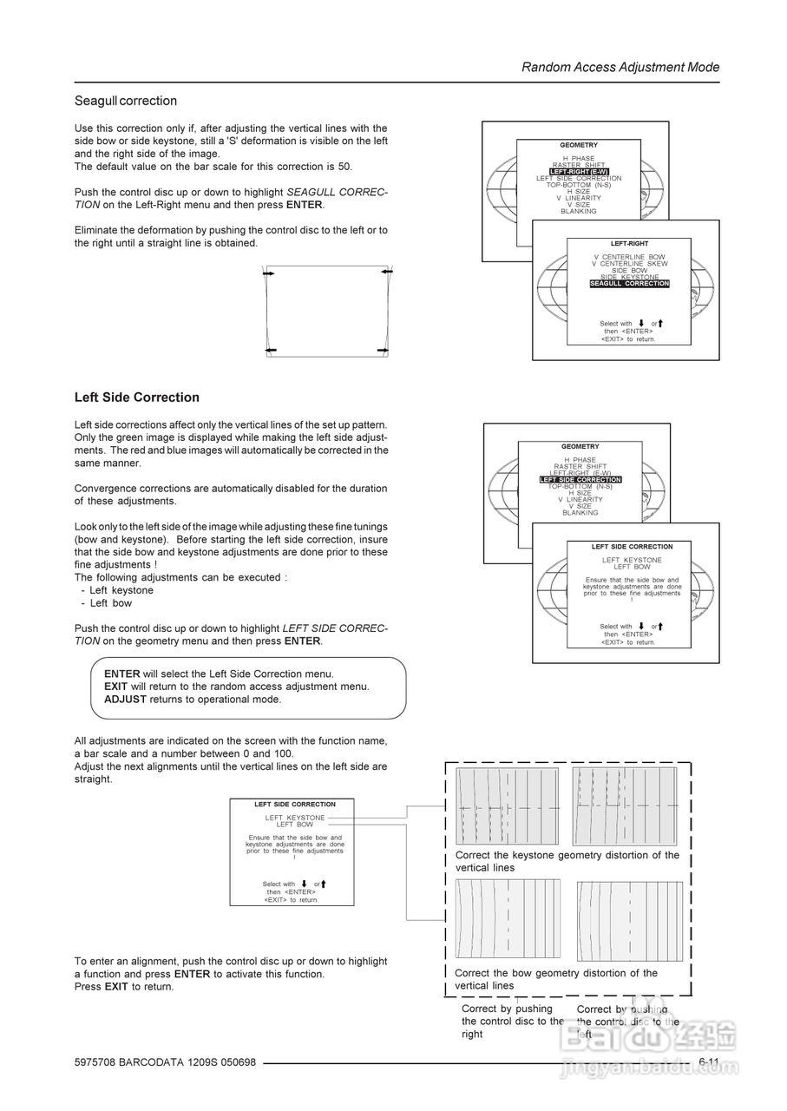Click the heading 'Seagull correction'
(x=126, y=101)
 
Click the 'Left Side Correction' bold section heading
(x=137, y=398)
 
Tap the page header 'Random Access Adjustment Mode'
(x=620, y=67)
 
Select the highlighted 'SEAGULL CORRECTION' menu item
(x=629, y=284)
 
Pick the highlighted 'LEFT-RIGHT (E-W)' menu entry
(x=579, y=172)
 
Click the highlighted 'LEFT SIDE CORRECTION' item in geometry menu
(x=580, y=480)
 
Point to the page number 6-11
(x=709, y=1062)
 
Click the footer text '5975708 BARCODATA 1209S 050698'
(x=165, y=1063)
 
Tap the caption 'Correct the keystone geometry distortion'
(x=567, y=861)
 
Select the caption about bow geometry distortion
(x=556, y=979)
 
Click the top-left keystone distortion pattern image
(x=508, y=805)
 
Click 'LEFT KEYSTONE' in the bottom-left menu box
(x=295, y=818)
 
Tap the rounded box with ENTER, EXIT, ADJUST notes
(x=248, y=687)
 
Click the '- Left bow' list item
(x=111, y=603)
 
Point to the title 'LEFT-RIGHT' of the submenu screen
(x=629, y=244)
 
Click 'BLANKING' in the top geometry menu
(x=579, y=211)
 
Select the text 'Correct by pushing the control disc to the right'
(x=512, y=1022)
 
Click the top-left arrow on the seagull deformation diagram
(x=269, y=273)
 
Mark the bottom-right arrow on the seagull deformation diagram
(x=384, y=350)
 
